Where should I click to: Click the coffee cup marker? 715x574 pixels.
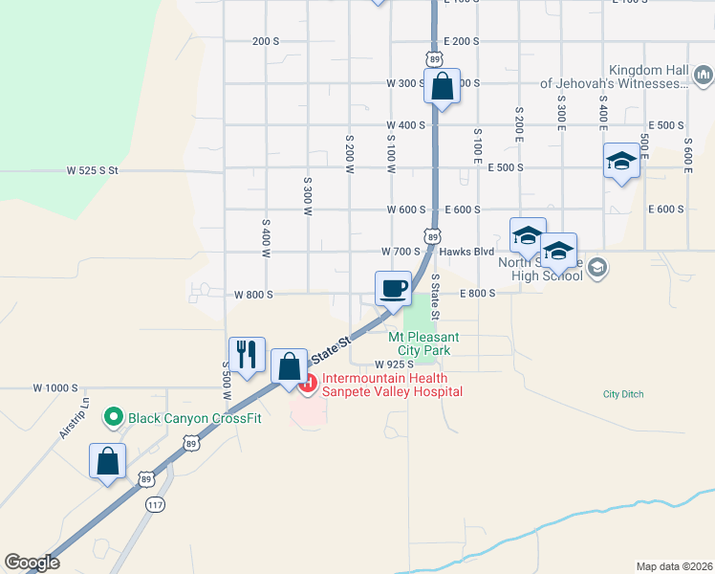click(x=393, y=288)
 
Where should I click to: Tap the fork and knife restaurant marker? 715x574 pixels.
click(x=247, y=354)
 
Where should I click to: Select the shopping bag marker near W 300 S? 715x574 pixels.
click(x=442, y=87)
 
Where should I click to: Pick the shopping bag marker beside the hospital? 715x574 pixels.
click(x=290, y=367)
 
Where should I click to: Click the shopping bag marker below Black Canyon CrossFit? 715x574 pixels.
click(x=108, y=461)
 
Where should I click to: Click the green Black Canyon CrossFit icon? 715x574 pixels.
click(x=114, y=416)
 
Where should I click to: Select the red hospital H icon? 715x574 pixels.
click(x=308, y=385)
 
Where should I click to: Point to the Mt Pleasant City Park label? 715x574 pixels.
click(x=423, y=344)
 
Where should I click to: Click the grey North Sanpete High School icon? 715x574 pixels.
click(x=598, y=266)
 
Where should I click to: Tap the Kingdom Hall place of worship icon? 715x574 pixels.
click(x=704, y=73)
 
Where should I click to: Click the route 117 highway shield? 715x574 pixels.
click(x=155, y=503)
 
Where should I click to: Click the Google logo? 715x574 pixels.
click(x=32, y=563)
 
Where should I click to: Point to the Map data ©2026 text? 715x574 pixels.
click(x=674, y=565)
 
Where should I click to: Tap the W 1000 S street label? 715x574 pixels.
click(x=54, y=387)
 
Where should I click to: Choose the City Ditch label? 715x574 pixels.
click(x=623, y=394)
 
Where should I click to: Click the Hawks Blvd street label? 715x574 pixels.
click(x=466, y=252)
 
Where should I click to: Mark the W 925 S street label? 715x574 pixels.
click(x=395, y=364)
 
